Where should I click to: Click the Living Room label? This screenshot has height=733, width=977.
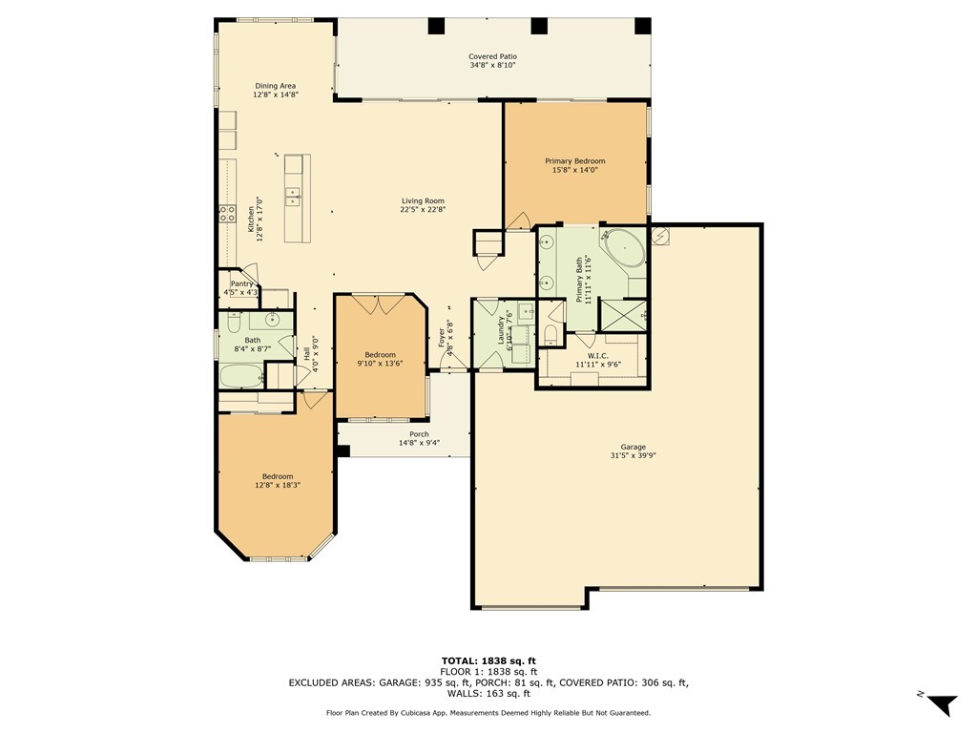422,200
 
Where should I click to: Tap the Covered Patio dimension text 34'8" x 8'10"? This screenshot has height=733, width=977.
492,66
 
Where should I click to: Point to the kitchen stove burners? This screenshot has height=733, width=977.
228,214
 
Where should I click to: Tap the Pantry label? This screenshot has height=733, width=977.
241,283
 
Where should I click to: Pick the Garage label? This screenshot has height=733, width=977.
633,447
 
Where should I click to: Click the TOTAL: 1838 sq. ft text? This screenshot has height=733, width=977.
488,660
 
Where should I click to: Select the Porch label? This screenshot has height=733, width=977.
418,434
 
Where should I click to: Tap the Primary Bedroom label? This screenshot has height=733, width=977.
574,161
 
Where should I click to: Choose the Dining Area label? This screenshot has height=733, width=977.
275,86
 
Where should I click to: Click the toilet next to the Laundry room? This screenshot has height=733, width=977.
551,333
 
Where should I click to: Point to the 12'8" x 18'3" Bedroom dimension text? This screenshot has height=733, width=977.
278,486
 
